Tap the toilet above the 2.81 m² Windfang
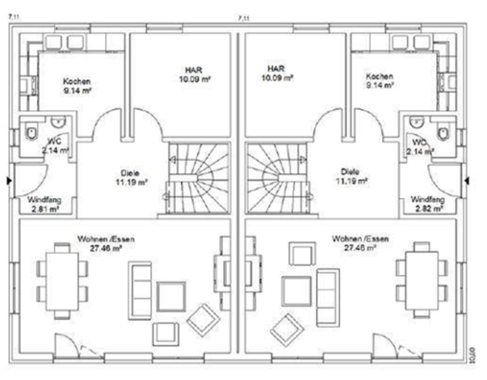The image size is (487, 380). point(31,133)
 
